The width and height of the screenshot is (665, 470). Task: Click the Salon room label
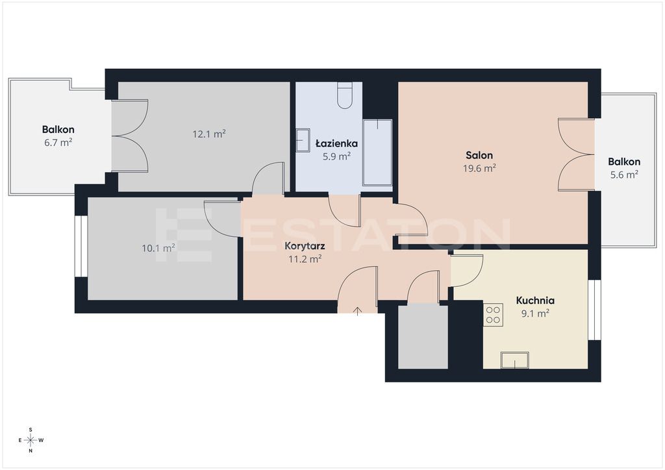479,155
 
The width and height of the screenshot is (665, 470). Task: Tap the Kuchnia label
535,301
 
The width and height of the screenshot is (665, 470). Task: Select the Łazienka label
337,143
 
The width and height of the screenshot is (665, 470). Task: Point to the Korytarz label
305,246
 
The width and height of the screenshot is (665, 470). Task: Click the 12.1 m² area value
209,134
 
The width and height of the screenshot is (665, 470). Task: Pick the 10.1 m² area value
158,247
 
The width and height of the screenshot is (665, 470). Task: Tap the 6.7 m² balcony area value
58,142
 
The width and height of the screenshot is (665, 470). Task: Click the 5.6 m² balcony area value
624,174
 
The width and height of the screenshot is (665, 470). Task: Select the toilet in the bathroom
345,95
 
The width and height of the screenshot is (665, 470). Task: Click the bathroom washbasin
303,140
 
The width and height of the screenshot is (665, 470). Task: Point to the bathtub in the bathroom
377,153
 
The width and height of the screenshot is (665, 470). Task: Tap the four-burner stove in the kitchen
494,314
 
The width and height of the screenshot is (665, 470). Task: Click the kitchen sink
515,360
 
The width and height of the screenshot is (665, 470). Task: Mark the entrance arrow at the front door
358,311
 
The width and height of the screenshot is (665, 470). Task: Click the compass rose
31,440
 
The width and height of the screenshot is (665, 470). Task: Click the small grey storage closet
423,336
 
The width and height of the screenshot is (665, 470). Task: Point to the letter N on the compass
31,451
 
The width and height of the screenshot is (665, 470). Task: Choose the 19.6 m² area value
480,168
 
